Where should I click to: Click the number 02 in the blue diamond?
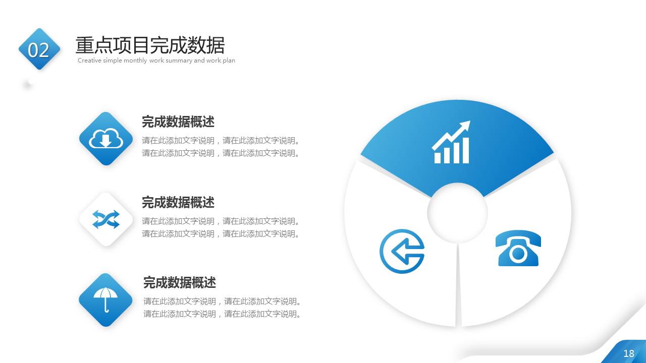point(39,50)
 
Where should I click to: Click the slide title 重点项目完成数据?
point(150,45)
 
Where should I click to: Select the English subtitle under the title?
point(156,60)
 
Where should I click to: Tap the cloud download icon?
point(106,139)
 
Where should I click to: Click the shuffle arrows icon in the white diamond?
point(106,219)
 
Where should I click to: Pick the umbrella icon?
point(106,299)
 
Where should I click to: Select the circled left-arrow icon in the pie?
point(402,251)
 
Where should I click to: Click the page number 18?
point(628,353)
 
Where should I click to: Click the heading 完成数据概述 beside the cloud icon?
point(178,122)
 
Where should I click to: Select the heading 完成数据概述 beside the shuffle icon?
point(178,202)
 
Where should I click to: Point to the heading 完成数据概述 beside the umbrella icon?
point(180,282)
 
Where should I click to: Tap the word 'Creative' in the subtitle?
point(89,60)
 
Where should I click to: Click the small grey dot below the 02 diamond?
point(30,82)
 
